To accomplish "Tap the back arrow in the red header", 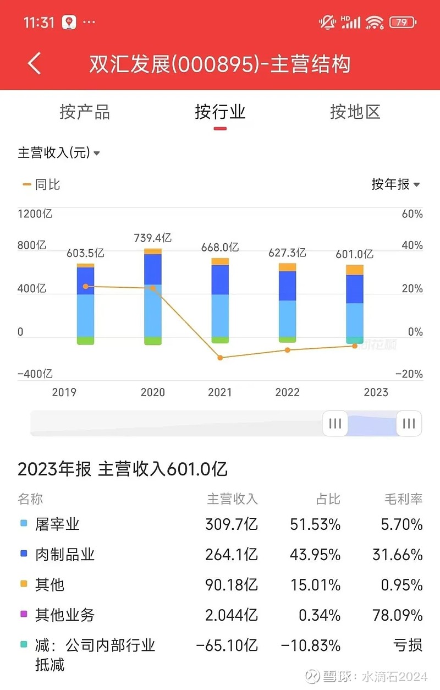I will tap(35, 64).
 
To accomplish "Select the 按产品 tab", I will tap(85, 112).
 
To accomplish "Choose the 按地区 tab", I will tap(355, 112).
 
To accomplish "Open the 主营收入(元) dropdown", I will tap(59, 152).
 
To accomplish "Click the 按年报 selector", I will tap(395, 184).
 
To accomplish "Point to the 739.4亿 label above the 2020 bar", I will tap(153, 238).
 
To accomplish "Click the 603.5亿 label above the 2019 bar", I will tap(85, 253).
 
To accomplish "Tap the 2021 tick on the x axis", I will tap(220, 392).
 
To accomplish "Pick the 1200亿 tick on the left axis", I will tap(35, 213).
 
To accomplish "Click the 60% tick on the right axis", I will tap(412, 213).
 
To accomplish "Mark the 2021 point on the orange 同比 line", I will tap(220, 358).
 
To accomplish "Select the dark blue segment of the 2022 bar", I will tap(287, 286).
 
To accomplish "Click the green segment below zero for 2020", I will tap(153, 341).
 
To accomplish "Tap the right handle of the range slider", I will tap(409, 423).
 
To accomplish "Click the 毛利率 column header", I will tap(403, 499).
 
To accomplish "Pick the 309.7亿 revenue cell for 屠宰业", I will tap(231, 524).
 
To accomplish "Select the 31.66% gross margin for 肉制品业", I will tap(397, 555).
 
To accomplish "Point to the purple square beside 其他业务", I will tap(24, 614).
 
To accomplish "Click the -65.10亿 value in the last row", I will tap(227, 645).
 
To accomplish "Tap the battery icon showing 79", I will tap(402, 23).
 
